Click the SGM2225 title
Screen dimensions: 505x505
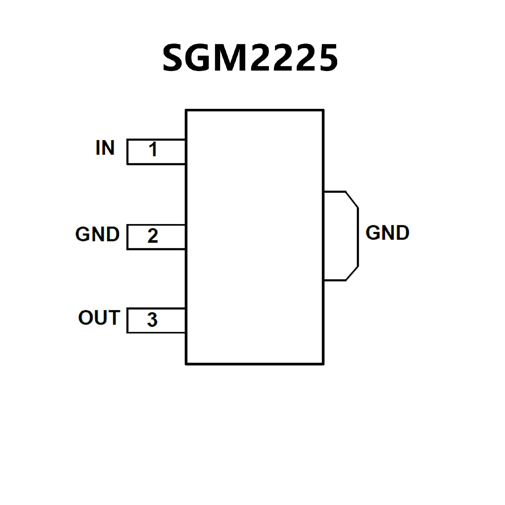coord(250,57)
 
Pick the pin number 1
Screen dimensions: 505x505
coord(153,149)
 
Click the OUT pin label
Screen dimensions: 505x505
coord(99,317)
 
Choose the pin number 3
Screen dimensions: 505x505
coord(152,320)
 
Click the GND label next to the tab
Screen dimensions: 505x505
coord(387,233)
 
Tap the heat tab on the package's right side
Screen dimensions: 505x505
coord(341,236)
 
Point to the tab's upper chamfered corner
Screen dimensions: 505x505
coord(352,200)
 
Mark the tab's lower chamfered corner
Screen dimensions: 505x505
coord(352,273)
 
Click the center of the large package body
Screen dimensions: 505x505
coord(255,237)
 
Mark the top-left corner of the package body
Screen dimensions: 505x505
coord(186,110)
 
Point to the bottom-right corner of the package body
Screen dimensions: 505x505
coord(323,364)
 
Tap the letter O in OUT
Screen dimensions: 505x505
coord(85,317)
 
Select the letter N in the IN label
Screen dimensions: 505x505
coord(108,148)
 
